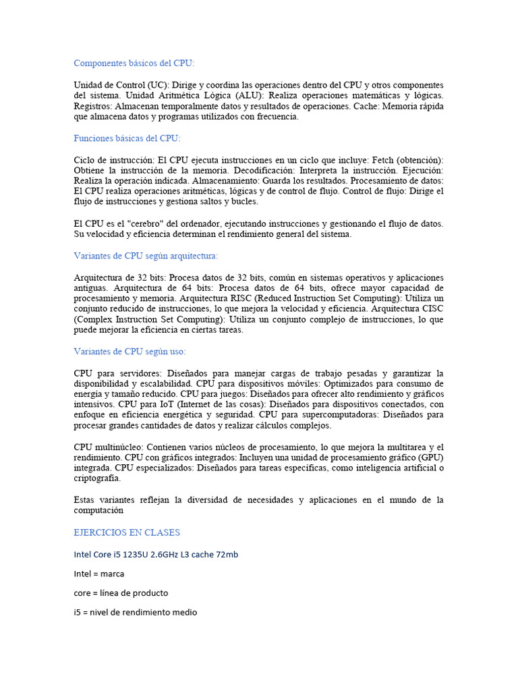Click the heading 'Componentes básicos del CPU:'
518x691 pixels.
point(134,63)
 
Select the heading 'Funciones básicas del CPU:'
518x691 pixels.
point(127,138)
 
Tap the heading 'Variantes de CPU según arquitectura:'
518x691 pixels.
point(146,256)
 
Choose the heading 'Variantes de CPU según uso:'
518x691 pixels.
point(129,352)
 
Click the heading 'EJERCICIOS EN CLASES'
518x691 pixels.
point(127,532)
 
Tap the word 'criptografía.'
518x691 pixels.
point(98,478)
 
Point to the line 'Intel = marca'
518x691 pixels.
point(99,574)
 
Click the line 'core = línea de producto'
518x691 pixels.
point(121,593)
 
